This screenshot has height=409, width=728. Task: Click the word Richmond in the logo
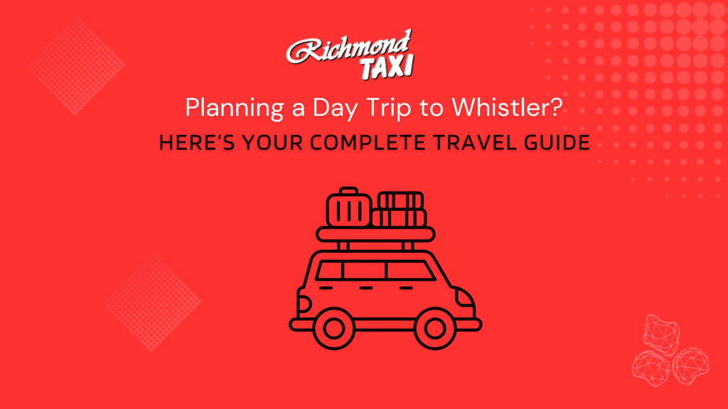[348, 47]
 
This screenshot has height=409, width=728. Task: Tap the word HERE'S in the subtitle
[197, 142]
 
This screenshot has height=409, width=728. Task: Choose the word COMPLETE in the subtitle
[368, 142]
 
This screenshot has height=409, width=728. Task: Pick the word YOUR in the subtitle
[272, 142]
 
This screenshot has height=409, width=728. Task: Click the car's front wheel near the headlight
[434, 328]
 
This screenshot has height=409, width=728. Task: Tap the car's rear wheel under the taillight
[334, 328]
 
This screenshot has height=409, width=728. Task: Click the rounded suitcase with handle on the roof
[349, 207]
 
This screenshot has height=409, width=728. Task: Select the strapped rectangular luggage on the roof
[400, 209]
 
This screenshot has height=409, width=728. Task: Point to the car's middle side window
[365, 271]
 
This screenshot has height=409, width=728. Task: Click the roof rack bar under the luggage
[375, 234]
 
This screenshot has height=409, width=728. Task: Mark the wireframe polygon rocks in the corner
[670, 351]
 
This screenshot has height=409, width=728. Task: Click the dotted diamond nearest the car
[153, 302]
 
